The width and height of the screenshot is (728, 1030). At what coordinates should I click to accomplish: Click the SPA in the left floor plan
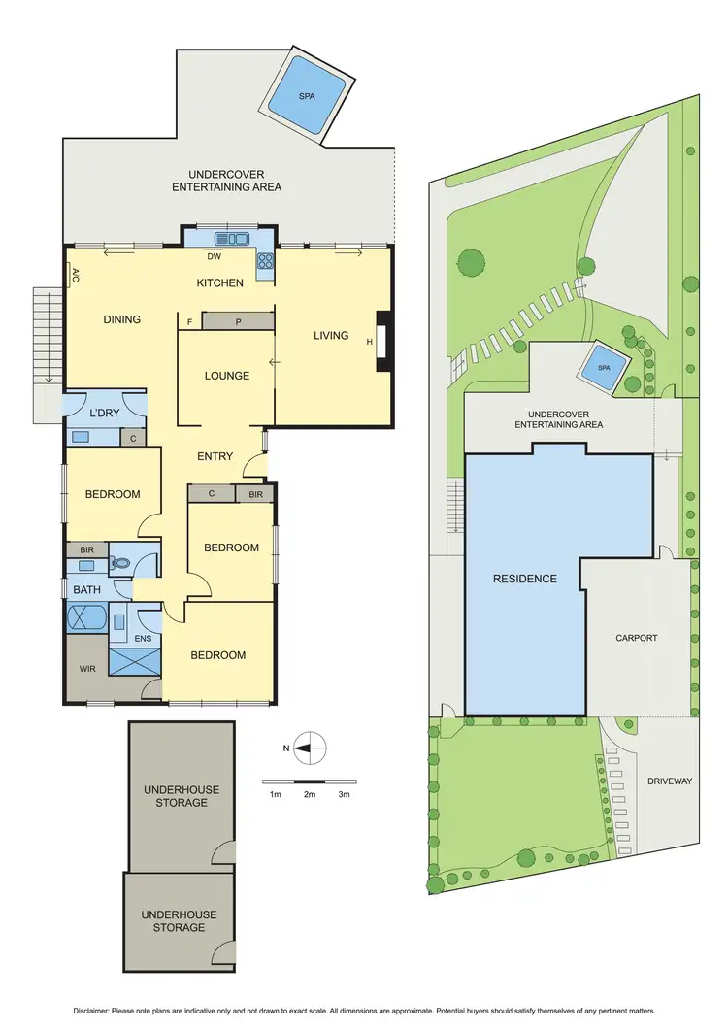point(306,95)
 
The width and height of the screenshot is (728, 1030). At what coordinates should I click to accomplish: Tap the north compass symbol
point(310,748)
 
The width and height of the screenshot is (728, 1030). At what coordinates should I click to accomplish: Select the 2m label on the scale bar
point(310,795)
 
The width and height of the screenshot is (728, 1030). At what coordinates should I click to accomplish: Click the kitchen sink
point(233,239)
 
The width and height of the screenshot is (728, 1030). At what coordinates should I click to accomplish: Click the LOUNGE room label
point(226,376)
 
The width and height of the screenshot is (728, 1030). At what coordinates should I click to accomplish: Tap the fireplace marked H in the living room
point(382,342)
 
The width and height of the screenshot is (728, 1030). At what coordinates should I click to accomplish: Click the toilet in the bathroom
point(120,562)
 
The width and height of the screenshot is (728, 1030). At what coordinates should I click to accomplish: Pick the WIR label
point(85,669)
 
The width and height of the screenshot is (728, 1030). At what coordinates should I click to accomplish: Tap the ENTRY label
point(215,456)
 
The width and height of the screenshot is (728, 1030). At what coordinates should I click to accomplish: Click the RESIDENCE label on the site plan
point(525,579)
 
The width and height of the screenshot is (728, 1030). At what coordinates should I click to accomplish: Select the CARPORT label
point(637,639)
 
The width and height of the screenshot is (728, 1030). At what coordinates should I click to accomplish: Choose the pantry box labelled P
point(239,322)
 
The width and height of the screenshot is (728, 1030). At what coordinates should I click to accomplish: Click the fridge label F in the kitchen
point(189,321)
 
